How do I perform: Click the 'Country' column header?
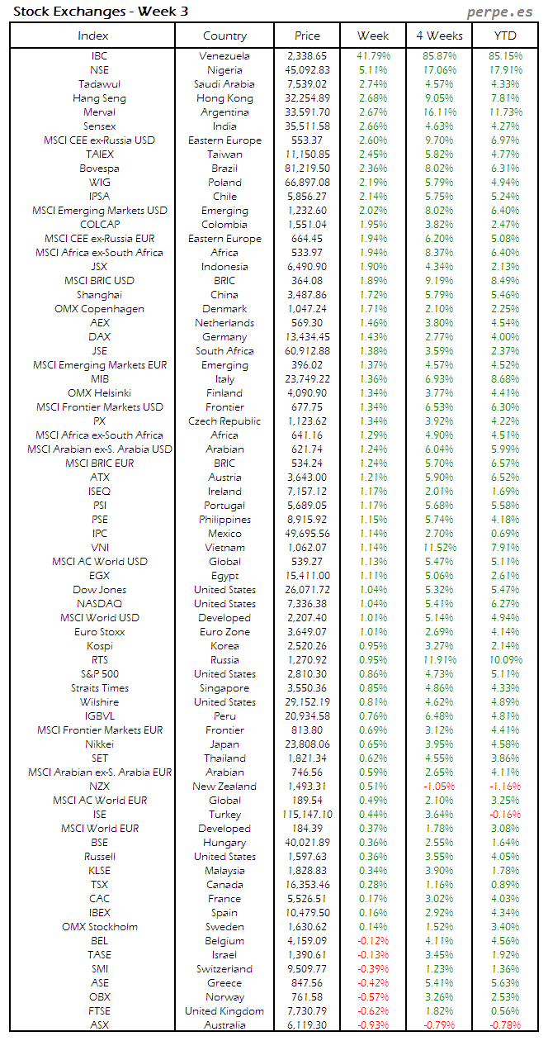(224, 36)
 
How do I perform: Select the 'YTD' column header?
(505, 36)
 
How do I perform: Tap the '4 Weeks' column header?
(439, 36)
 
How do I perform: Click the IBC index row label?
(99, 56)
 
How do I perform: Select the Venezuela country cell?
(224, 56)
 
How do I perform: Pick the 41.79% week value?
(373, 56)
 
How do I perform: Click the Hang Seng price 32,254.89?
(307, 98)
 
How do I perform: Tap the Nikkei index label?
(99, 744)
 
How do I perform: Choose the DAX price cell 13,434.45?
(307, 337)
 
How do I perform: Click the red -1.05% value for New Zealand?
(439, 787)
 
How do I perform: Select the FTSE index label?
(99, 1011)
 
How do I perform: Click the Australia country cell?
(224, 1025)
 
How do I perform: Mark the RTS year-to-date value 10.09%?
(505, 660)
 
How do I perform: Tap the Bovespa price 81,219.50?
(307, 169)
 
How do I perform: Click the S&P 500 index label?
(99, 674)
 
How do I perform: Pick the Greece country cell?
(224, 983)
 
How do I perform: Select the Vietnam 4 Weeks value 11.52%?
(439, 548)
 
